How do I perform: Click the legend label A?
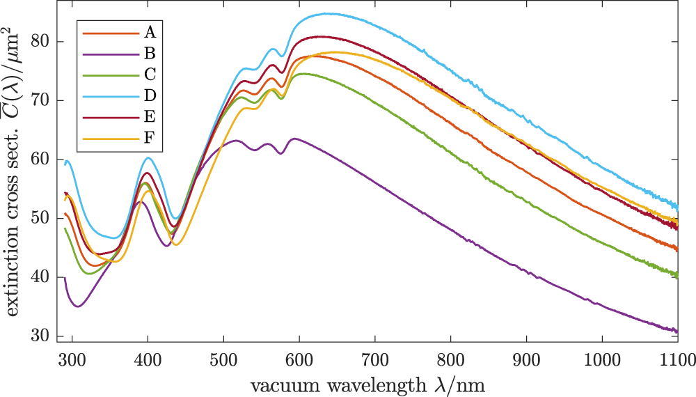point(150,32)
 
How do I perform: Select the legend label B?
point(150,52)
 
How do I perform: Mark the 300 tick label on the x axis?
point(71,360)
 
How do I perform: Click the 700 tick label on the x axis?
point(374,360)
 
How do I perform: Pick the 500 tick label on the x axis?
point(223,360)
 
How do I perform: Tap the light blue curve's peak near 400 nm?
point(148,157)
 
